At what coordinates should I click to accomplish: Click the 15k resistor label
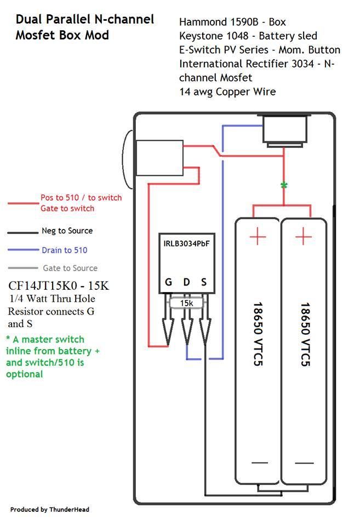(186, 302)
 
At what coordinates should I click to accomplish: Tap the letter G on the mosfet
(168, 283)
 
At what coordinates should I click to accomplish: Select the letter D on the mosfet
(186, 283)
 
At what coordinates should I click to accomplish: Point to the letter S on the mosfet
(204, 283)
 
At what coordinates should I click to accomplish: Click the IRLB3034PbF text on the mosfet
(186, 243)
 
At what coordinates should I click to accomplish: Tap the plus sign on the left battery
(258, 237)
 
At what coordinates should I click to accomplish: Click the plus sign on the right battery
(303, 237)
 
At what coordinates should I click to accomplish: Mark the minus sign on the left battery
(259, 462)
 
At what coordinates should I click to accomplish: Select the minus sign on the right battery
(304, 462)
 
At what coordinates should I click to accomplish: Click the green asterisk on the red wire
(284, 185)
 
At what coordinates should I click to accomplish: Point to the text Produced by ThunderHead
(49, 510)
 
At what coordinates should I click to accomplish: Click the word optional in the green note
(25, 374)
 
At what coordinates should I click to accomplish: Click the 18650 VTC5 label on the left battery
(258, 334)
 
